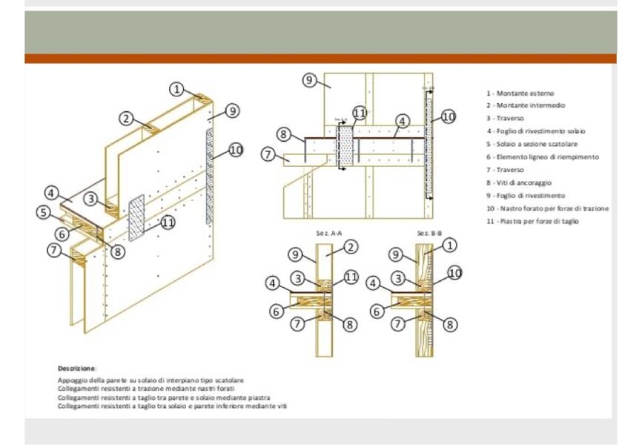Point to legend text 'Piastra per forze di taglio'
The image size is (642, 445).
(x=533, y=221)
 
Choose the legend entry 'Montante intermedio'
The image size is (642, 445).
(x=524, y=106)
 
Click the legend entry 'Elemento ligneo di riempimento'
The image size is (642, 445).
(x=542, y=157)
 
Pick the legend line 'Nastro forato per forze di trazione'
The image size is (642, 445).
(x=548, y=208)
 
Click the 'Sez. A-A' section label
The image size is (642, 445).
(x=328, y=233)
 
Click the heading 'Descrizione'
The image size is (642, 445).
(x=77, y=368)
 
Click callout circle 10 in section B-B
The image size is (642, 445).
(x=454, y=274)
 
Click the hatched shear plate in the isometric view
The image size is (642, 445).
(x=136, y=218)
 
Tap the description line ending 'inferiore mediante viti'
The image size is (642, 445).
(x=172, y=406)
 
